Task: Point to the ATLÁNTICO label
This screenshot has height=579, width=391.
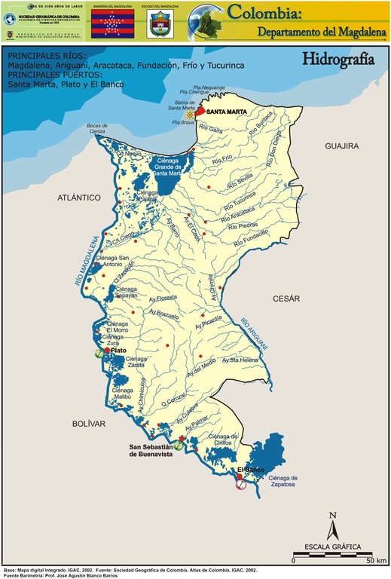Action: coord(78,197)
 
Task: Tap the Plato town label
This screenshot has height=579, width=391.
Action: coord(116,351)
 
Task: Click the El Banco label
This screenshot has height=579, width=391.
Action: coord(250,470)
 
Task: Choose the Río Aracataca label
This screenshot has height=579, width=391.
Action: coord(241,215)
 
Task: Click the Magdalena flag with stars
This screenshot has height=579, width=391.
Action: coord(111,24)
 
